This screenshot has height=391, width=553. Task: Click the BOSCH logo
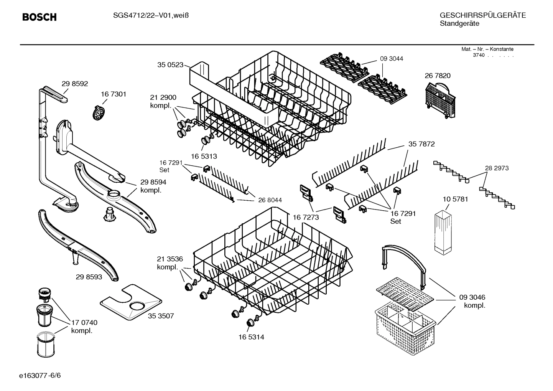39,17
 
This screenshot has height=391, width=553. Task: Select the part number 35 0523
170,65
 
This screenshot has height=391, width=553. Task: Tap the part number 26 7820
438,76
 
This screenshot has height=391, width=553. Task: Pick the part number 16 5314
251,337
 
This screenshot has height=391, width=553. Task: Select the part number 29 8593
89,276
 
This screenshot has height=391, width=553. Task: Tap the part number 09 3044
392,59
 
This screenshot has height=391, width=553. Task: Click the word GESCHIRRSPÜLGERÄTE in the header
483,15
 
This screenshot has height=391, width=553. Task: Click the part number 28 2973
497,168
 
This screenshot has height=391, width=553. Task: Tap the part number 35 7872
421,144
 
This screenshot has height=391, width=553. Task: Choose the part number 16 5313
204,156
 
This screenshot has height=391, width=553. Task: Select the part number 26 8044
270,200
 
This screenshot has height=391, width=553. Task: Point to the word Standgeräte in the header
459,24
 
